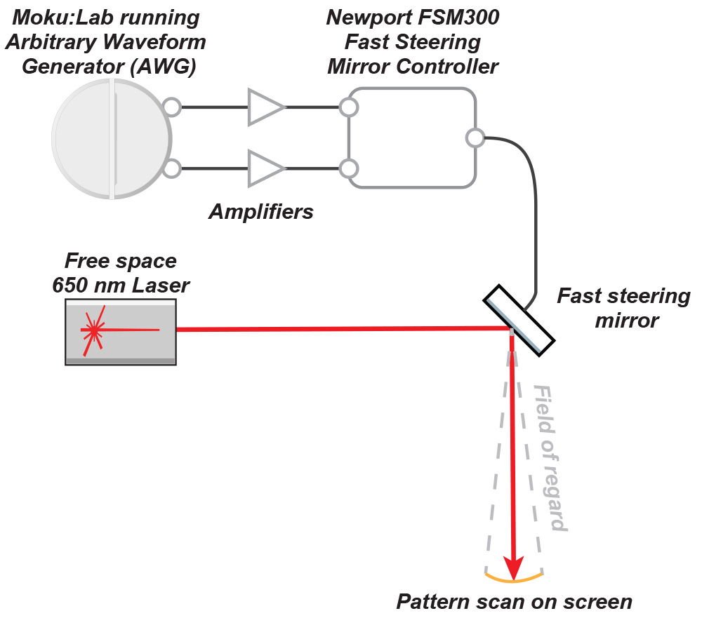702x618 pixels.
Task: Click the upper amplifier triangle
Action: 265,107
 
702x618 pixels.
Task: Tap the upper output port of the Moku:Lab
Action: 171,107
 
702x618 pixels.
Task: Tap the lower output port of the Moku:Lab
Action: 171,168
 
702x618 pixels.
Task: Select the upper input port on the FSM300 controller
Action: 348,107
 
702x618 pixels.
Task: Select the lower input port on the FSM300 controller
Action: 348,168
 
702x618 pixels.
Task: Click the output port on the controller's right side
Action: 475,137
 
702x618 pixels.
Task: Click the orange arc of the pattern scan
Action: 514,579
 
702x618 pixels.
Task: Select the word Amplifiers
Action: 261,212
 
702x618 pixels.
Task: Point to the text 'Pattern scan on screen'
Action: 514,602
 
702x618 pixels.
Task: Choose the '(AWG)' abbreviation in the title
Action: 164,67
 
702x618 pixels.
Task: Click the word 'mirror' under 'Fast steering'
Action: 627,321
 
